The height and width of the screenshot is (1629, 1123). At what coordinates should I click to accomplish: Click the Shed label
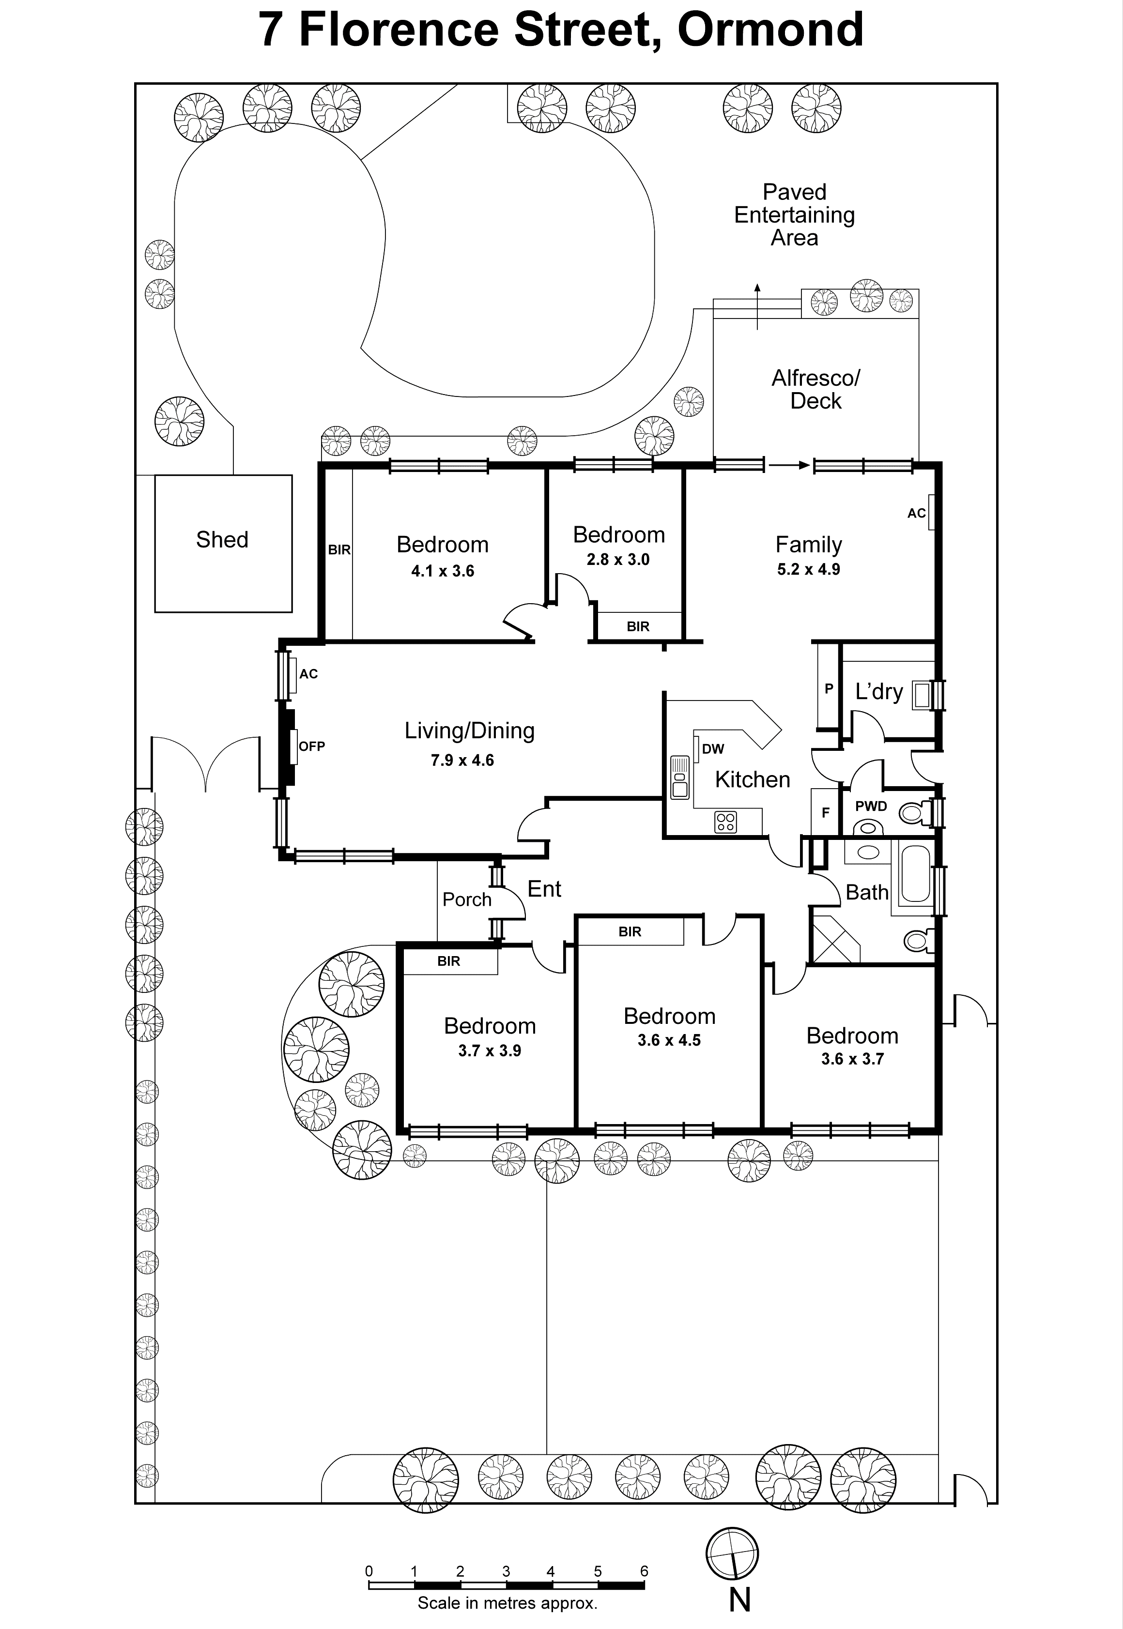click(222, 539)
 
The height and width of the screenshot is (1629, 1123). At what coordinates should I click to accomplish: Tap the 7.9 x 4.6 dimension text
click(462, 761)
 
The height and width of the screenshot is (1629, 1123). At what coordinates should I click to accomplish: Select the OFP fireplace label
click(312, 746)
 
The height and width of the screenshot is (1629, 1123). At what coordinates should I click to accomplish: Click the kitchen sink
click(680, 776)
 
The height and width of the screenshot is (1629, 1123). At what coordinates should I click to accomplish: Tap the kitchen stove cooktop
click(725, 822)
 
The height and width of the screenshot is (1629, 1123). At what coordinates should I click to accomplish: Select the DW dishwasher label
click(713, 749)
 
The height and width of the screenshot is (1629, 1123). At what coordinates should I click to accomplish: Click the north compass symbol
click(733, 1554)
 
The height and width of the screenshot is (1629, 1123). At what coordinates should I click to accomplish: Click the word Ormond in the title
click(770, 30)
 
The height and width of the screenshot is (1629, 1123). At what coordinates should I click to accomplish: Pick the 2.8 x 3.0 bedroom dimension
click(618, 560)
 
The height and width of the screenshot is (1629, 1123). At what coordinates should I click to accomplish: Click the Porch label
click(466, 899)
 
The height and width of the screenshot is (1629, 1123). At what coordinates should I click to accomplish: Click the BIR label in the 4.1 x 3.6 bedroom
click(338, 550)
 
